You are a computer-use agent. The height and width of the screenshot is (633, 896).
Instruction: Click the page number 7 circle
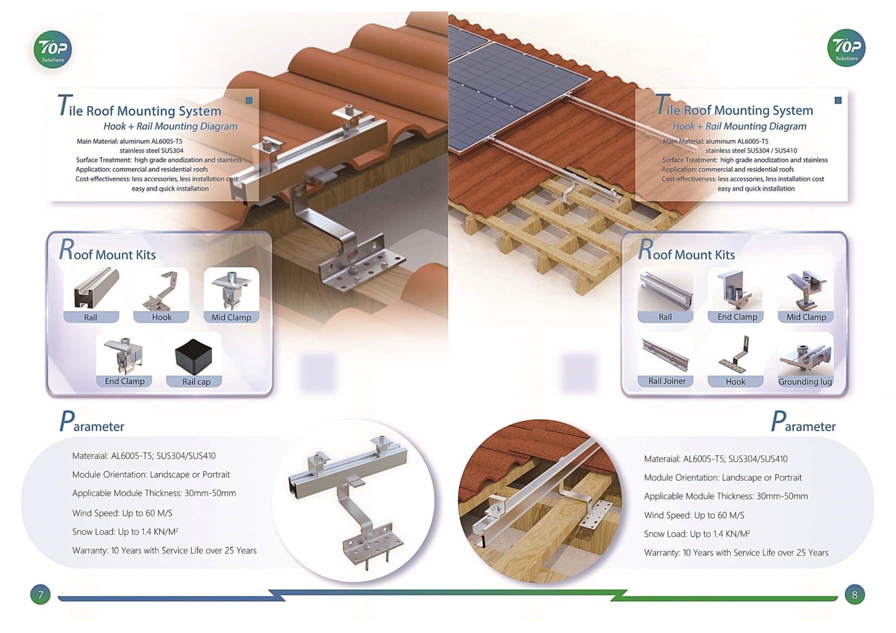tap(40, 594)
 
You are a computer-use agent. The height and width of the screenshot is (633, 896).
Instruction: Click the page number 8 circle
tap(854, 594)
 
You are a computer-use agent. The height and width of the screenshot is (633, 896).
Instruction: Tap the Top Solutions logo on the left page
tap(52, 49)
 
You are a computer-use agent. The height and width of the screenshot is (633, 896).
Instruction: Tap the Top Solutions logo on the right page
tap(846, 48)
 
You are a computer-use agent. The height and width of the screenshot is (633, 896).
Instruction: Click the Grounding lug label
tap(805, 382)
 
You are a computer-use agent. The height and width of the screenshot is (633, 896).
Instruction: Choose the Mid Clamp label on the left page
tap(231, 317)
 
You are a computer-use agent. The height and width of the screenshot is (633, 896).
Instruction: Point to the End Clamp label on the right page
tap(737, 317)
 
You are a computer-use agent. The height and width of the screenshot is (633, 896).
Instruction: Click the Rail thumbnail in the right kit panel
tap(665, 290)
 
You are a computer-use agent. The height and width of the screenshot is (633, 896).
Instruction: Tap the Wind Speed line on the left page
tap(122, 513)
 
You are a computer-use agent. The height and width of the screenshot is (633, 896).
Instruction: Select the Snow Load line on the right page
tap(697, 534)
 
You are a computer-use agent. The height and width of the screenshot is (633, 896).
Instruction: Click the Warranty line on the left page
tap(164, 550)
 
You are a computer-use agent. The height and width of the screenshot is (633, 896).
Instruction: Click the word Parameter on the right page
tap(803, 422)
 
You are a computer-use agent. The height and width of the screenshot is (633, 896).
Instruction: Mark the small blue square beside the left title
tap(249, 100)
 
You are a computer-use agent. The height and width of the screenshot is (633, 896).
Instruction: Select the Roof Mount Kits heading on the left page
tap(108, 250)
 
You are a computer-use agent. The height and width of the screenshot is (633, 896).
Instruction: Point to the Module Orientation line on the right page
tap(723, 478)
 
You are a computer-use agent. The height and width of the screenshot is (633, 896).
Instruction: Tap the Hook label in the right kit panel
tap(735, 382)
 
